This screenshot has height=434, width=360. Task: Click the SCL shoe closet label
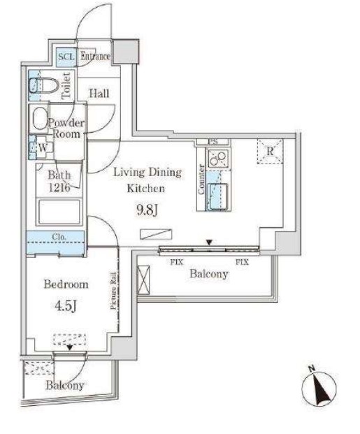coord(66,57)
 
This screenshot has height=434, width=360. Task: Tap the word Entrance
coord(95,56)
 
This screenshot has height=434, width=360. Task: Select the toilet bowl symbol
coord(44,85)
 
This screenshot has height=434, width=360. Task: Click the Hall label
coord(99,94)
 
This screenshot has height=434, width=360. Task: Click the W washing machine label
coord(43,147)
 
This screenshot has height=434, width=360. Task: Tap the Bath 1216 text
coord(59,181)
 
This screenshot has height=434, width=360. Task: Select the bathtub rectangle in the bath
coord(59,212)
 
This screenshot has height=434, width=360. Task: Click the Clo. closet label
coord(59,237)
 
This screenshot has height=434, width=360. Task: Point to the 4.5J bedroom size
coord(65,306)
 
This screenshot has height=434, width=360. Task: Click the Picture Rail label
coord(113,291)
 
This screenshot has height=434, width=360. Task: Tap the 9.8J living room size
coord(147,210)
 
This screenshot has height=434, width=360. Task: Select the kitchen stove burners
coord(218,159)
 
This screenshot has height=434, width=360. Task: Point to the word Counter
coord(201,180)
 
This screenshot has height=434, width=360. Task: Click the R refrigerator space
coord(270,152)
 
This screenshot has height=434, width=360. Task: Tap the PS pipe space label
coord(213,143)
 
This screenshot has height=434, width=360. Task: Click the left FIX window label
coord(177,262)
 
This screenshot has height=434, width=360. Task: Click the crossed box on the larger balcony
coord(143,280)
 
